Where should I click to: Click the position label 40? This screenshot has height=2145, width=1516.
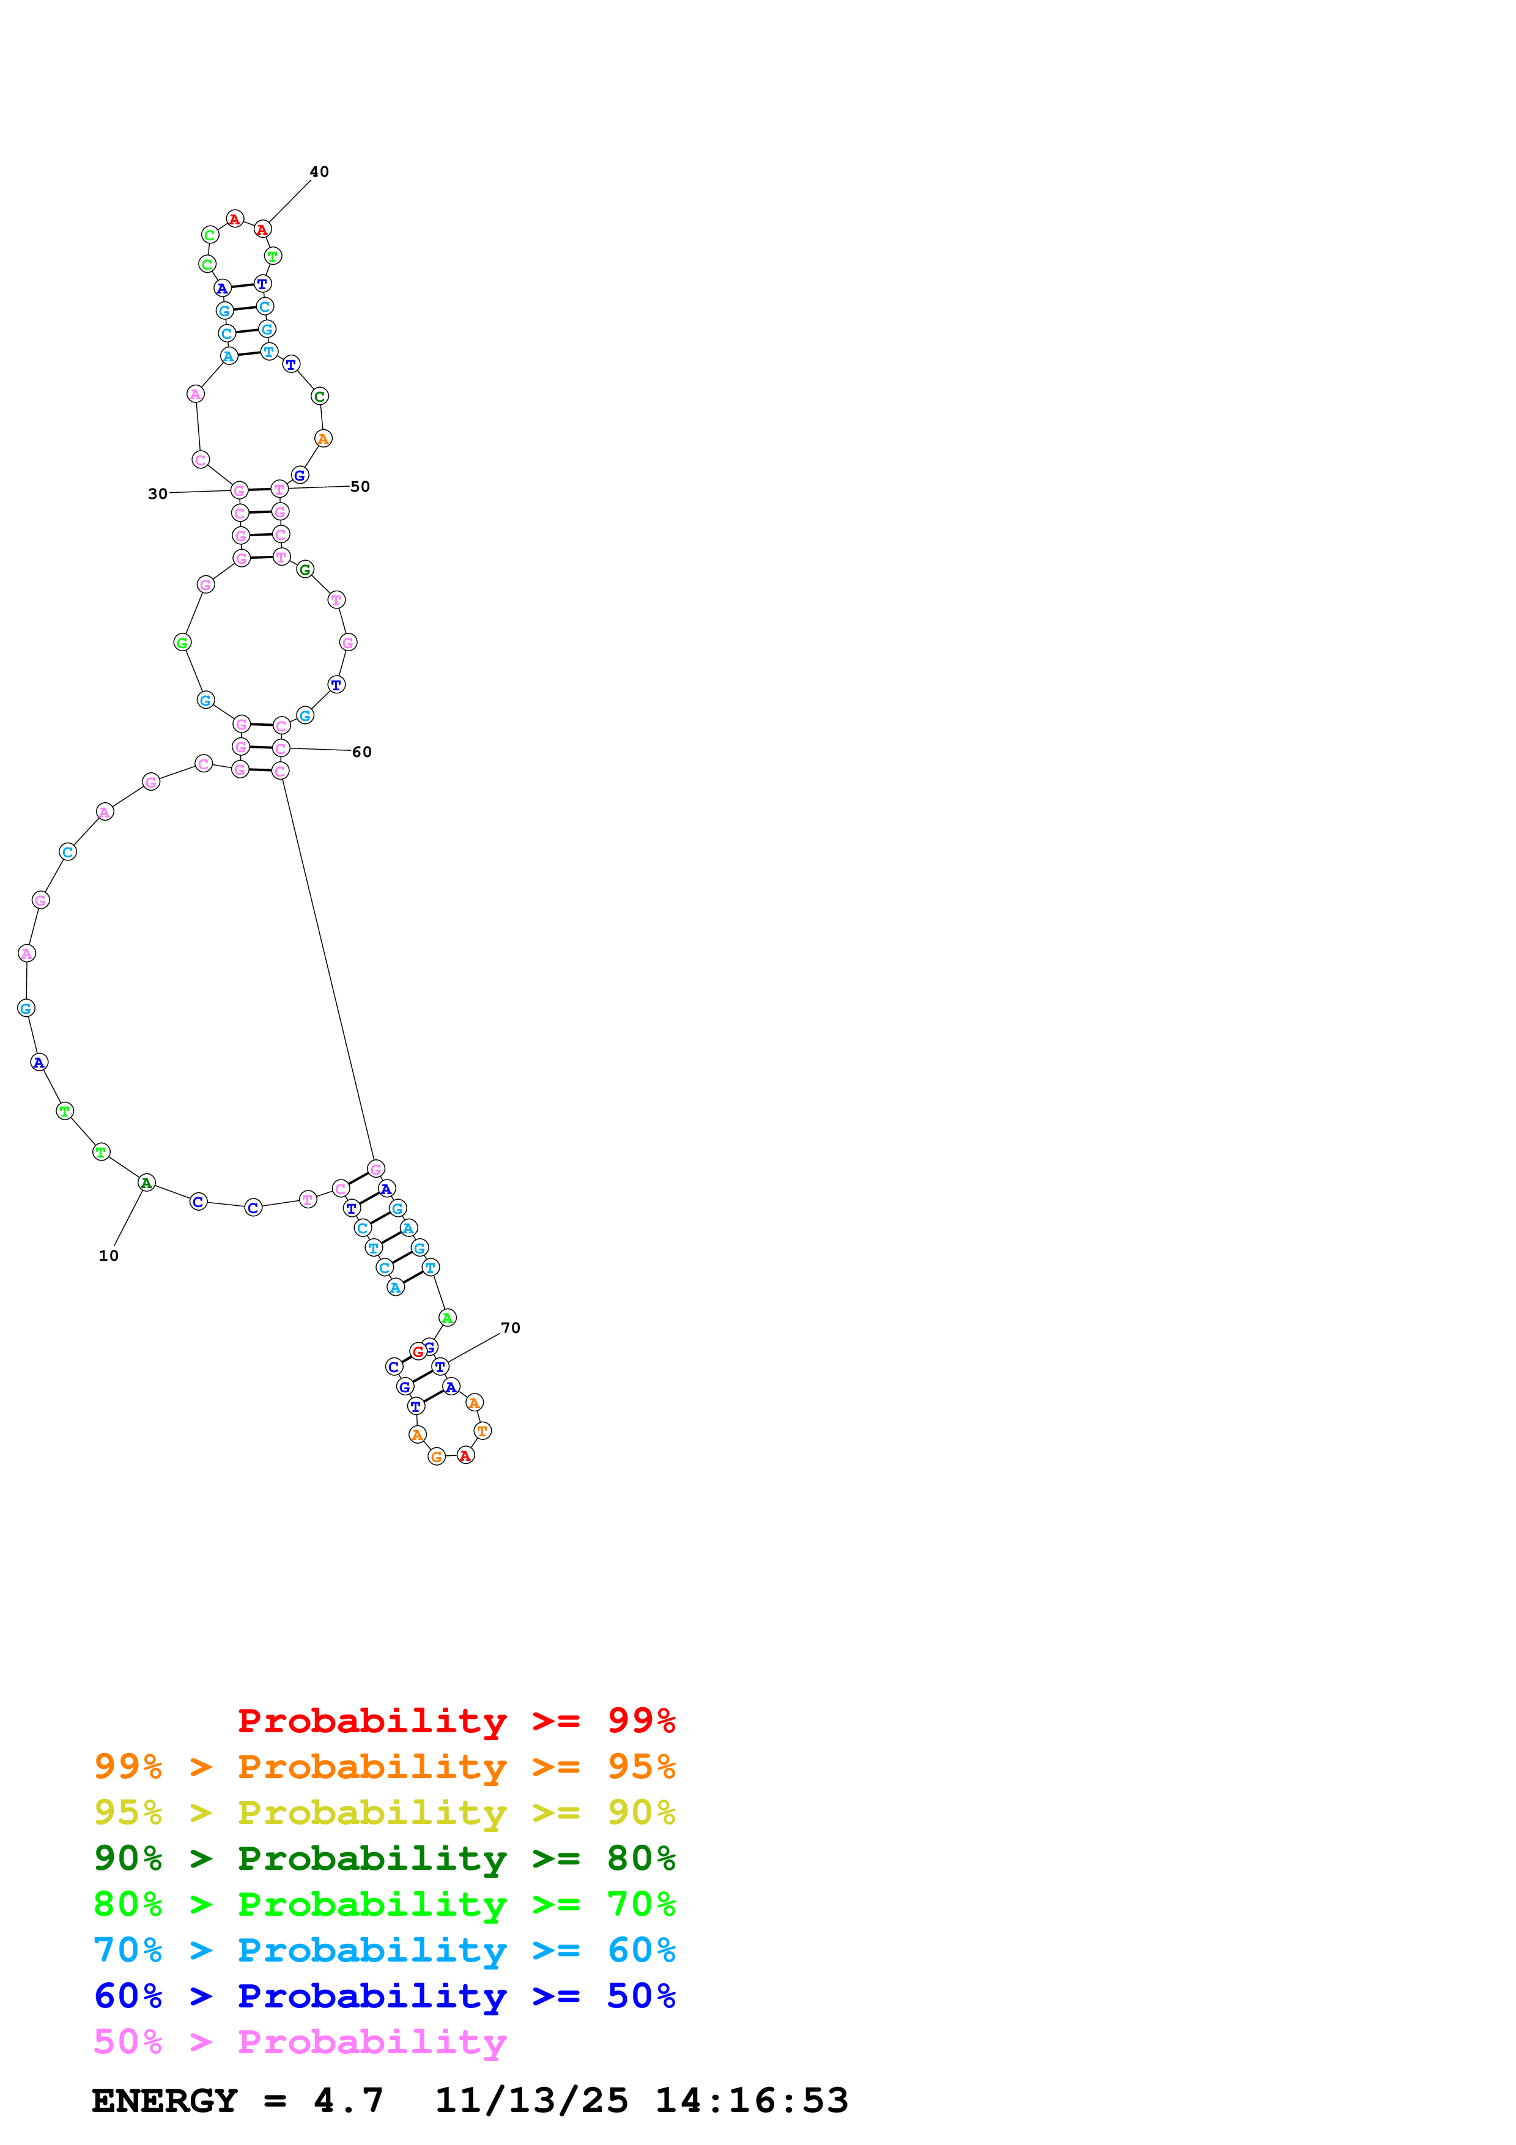click(319, 172)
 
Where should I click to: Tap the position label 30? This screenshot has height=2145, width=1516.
click(157, 494)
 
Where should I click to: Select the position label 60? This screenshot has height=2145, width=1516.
click(361, 752)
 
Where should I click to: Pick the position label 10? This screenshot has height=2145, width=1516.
click(108, 1255)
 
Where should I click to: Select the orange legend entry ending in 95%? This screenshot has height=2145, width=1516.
click(384, 1766)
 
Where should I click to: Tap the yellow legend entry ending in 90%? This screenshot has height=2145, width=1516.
click(384, 1812)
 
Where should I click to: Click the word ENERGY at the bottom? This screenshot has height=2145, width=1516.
click(165, 2100)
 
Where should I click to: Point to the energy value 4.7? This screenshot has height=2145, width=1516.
click(349, 2100)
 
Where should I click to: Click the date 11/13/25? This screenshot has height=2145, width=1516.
click(531, 2100)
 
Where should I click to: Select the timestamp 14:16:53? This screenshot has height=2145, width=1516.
click(752, 2100)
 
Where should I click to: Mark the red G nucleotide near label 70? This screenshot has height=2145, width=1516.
click(418, 1352)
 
